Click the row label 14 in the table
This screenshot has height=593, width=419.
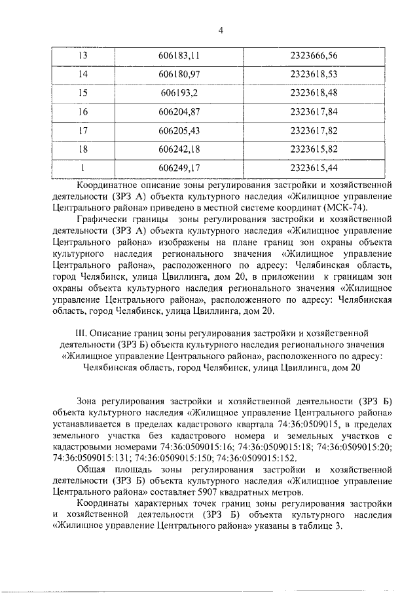pos(82,75)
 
